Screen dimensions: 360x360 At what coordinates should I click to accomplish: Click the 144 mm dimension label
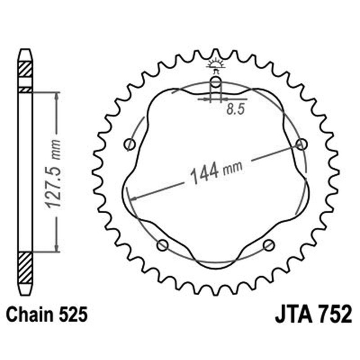[x=216, y=171]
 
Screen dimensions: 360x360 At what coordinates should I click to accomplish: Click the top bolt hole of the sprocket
[x=216, y=82]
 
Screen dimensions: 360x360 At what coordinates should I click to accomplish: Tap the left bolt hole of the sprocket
[x=130, y=144]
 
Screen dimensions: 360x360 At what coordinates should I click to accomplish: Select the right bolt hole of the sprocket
[x=301, y=144]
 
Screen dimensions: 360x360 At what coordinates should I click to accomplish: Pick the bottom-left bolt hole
[x=162, y=245]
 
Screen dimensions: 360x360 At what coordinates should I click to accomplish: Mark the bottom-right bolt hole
[x=269, y=245]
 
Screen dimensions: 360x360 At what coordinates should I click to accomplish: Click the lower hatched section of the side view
[x=25, y=267]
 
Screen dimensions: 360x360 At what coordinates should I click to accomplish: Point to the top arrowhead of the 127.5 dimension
[x=56, y=96]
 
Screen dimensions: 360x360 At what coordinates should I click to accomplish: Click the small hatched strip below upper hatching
[x=25, y=90]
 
